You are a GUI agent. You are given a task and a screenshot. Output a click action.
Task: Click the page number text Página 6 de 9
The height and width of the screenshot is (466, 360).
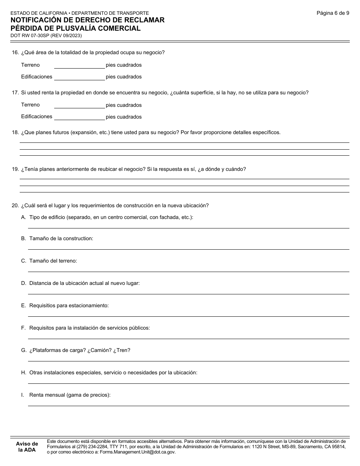(x=333, y=13)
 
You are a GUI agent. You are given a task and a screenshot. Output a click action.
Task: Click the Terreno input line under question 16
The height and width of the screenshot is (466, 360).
(x=79, y=65)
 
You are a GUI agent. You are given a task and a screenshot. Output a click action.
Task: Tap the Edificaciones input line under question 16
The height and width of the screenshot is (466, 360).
(x=79, y=77)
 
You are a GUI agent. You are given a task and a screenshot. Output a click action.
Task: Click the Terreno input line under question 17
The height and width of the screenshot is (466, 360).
(x=79, y=105)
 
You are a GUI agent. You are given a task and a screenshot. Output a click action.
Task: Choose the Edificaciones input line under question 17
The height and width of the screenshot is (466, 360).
(x=79, y=117)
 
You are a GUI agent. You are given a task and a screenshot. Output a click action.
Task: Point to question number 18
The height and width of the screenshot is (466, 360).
(x=15, y=133)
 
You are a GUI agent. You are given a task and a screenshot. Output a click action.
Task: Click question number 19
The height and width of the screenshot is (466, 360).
(x=15, y=169)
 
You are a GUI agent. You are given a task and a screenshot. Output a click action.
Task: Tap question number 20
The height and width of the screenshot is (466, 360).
(x=15, y=206)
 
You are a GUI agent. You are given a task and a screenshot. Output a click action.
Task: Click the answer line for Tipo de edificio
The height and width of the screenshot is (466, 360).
(x=188, y=225)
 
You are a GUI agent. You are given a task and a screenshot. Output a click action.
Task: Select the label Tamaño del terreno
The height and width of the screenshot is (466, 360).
(x=53, y=261)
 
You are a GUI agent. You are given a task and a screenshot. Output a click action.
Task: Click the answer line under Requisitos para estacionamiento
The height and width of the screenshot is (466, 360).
(x=188, y=314)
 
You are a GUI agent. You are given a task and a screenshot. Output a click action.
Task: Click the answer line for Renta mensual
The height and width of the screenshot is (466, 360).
(x=188, y=403)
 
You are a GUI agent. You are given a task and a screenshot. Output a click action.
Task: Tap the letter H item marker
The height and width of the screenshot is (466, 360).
(x=23, y=373)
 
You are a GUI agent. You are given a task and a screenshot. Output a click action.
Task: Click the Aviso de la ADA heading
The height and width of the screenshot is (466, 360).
(x=27, y=447)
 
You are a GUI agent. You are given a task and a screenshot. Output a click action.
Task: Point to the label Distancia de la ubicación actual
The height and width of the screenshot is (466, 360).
(x=84, y=283)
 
